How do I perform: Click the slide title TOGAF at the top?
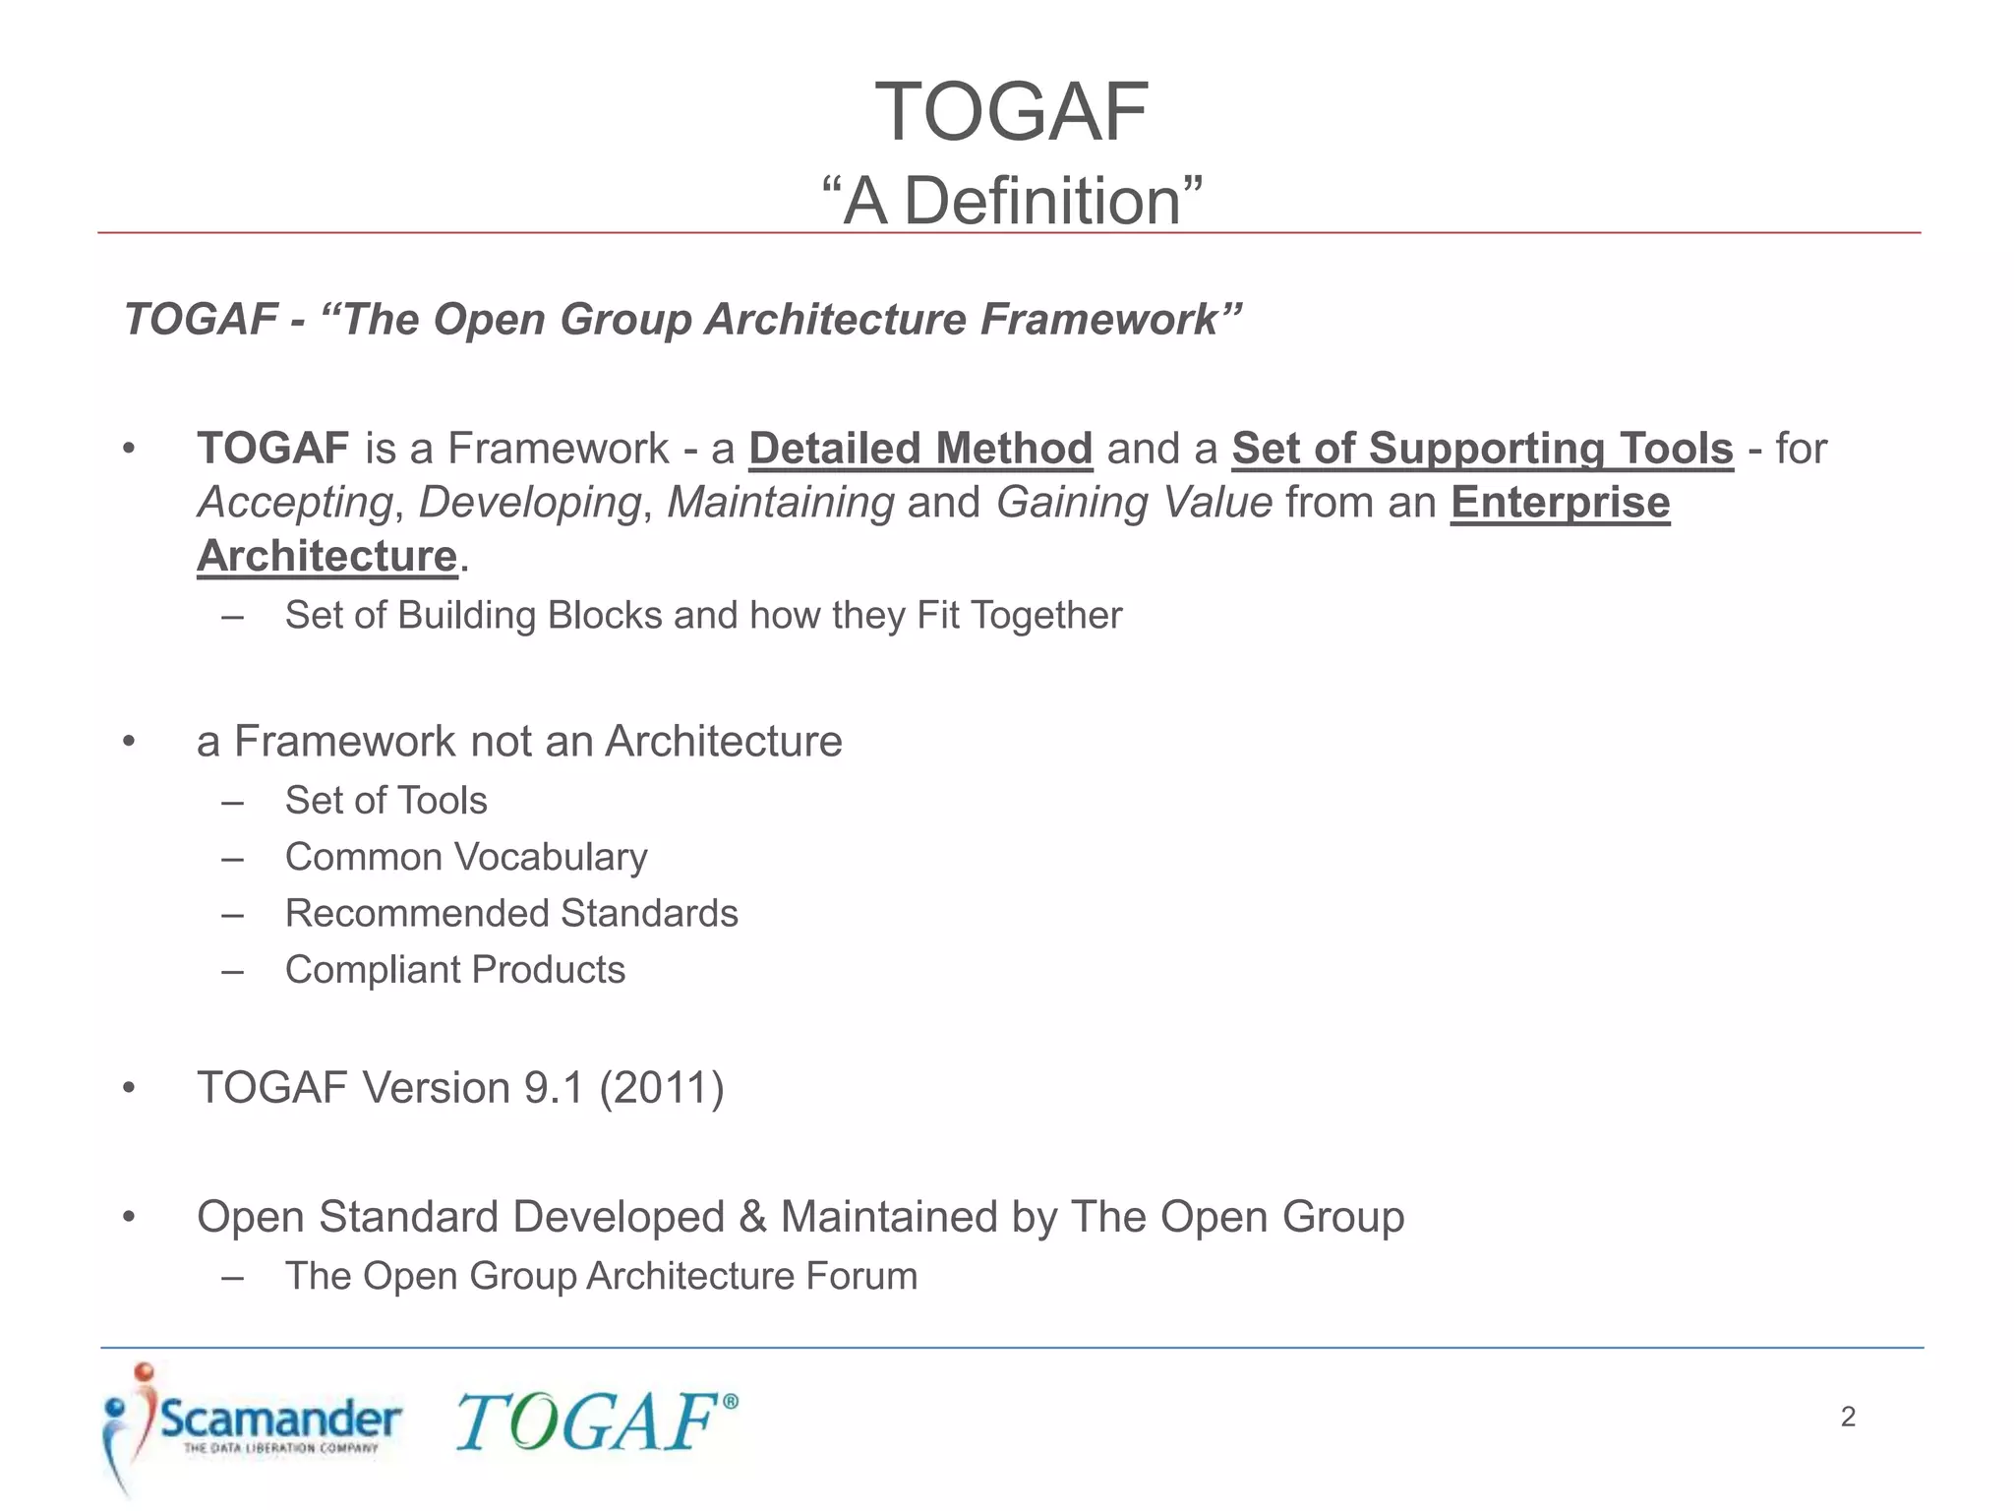pos(1011,112)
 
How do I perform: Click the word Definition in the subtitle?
pos(1041,202)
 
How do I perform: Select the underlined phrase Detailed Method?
pos(920,449)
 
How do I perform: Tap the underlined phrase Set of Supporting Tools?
pos(1482,449)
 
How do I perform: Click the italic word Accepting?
pos(295,503)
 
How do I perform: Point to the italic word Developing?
pos(530,503)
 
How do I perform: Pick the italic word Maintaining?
pos(781,503)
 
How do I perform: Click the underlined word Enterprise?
pos(1560,503)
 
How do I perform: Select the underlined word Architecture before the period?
pos(327,557)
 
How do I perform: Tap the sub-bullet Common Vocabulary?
pos(466,857)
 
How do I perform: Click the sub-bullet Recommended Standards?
pos(511,914)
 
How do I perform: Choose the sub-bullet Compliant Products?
pos(454,970)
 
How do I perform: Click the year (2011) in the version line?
pos(661,1088)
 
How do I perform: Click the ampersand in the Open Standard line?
pos(752,1217)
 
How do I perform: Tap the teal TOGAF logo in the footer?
pos(594,1422)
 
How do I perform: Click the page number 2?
pos(1848,1417)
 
